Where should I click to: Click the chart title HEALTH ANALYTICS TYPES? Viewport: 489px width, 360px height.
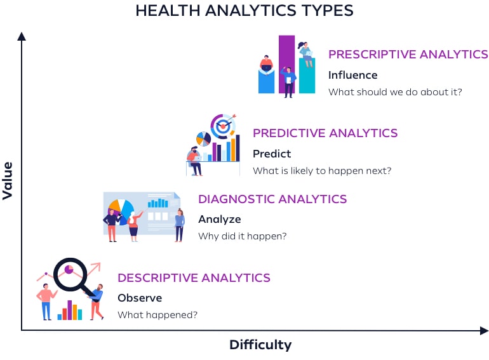click(245, 11)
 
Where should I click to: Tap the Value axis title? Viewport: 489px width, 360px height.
click(8, 180)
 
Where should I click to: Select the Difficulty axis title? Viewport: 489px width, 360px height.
click(260, 345)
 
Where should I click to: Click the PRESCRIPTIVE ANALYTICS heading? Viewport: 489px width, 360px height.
click(408, 55)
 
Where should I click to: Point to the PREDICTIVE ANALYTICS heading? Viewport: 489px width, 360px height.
click(325, 133)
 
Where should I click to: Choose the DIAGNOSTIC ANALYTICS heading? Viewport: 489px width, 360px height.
click(272, 199)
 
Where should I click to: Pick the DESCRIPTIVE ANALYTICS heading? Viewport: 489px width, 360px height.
click(194, 278)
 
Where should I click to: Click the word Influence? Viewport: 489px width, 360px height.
click(352, 75)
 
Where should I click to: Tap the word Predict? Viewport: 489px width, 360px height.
click(272, 154)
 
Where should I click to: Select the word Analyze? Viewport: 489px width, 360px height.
click(220, 220)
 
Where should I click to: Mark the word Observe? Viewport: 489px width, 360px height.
click(140, 298)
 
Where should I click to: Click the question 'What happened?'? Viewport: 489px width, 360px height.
click(157, 314)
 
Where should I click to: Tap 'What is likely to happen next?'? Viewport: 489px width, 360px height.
click(322, 170)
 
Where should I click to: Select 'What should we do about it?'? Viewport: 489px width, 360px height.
click(395, 91)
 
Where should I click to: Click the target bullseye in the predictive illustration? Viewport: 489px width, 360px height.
click(222, 126)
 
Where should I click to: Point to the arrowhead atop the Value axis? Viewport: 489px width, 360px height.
click(22, 36)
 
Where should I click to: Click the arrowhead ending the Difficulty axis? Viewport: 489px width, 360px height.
click(484, 330)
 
